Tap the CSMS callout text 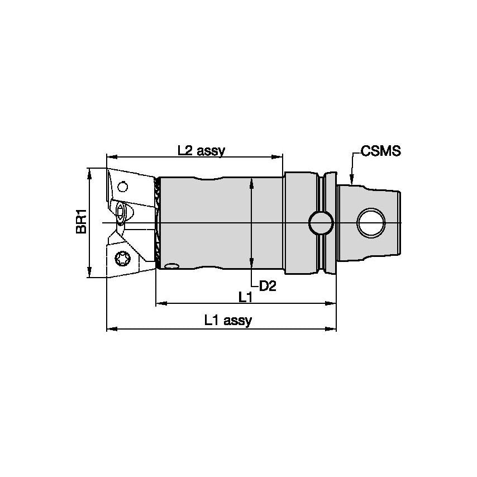tap(381, 151)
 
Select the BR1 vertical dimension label tap(82, 222)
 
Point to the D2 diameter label tap(268, 287)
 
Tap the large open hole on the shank tap(370, 222)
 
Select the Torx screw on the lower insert tap(121, 258)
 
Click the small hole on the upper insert tap(123, 185)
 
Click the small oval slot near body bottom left tap(173, 266)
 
